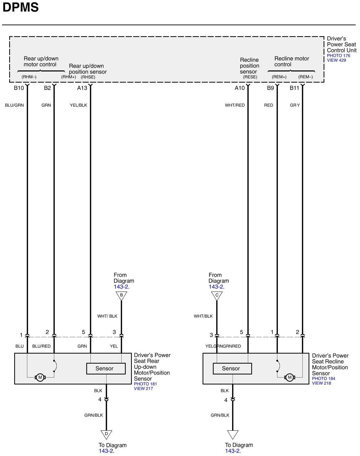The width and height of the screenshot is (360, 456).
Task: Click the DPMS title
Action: click(21, 8)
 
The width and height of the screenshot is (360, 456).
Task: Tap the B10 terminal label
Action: click(19, 88)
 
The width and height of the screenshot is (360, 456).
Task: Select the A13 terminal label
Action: click(82, 88)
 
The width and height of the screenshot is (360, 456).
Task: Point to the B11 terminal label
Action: click(294, 88)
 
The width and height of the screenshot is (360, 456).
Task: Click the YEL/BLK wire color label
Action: click(78, 105)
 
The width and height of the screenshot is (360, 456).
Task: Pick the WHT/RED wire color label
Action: click(235, 105)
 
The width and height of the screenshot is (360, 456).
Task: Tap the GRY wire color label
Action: click(295, 105)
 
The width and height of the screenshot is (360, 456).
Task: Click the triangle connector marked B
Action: click(121, 295)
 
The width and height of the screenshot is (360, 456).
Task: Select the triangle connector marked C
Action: click(217, 295)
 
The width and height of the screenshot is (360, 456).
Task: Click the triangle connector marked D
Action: click(106, 434)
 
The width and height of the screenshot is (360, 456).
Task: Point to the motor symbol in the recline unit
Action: click(290, 378)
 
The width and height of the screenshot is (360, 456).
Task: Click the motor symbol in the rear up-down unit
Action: click(40, 378)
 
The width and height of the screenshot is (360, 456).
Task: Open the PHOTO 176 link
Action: click(338, 56)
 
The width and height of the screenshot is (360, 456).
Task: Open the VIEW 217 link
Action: click(143, 389)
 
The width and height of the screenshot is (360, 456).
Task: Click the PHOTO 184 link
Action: click(324, 379)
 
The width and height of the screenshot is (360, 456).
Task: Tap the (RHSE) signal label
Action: click(88, 77)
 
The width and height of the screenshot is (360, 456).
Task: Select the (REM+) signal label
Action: click(279, 77)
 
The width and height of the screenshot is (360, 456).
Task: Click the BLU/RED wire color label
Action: click(41, 346)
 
